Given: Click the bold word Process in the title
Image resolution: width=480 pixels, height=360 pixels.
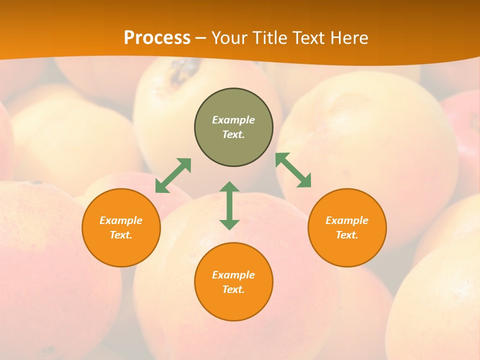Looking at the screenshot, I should point(157,38).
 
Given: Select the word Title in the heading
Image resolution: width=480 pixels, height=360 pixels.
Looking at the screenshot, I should point(272,38).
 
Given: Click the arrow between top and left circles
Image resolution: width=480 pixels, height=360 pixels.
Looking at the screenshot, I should point(173,175).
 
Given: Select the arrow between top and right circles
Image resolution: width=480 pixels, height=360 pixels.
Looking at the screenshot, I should point(293,170).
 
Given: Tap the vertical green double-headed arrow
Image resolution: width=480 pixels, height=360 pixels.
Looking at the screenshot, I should point(229,205).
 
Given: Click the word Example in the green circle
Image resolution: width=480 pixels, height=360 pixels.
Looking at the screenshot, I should point(233,120).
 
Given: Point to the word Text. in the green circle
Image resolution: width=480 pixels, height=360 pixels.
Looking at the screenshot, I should point(233,134).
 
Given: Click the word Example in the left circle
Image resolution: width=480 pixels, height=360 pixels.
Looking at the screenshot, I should point(121,220).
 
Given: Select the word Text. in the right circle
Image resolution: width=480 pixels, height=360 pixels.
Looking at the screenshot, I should point(347,235).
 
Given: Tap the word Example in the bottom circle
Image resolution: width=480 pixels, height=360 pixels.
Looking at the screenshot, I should point(233,275).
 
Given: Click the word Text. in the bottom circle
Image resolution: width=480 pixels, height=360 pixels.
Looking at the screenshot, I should point(233,289).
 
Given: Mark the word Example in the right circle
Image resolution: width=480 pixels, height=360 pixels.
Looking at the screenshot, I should point(347,220).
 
